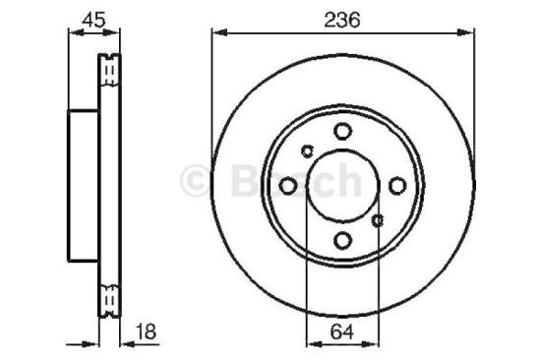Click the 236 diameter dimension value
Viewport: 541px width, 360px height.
tap(341, 19)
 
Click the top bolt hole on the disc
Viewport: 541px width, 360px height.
tap(341, 131)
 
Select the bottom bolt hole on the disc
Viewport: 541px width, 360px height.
tap(341, 240)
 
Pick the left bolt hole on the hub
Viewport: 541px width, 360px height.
tap(287, 186)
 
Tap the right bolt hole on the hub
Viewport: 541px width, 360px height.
tap(396, 186)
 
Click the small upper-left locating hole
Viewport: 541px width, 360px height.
tap(307, 150)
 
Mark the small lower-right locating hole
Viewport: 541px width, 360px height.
tap(377, 220)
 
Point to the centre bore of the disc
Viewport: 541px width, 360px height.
tap(341, 186)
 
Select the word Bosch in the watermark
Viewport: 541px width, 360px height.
tap(295, 180)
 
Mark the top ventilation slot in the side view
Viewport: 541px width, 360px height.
tap(110, 72)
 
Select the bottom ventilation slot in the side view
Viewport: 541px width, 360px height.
tap(110, 294)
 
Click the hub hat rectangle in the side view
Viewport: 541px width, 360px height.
tap(83, 186)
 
